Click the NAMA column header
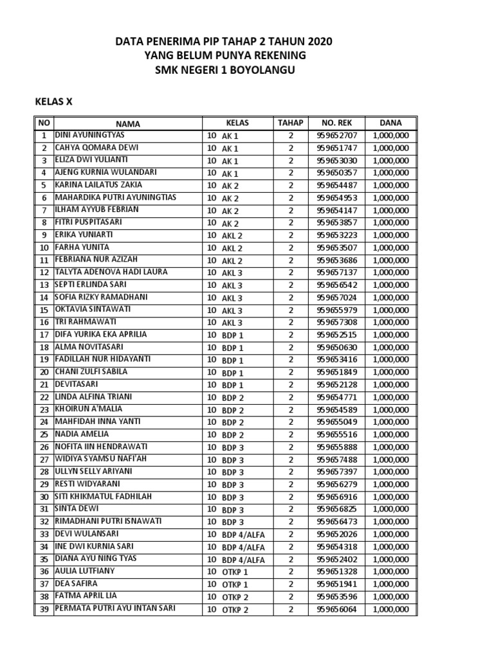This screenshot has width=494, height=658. click(127, 123)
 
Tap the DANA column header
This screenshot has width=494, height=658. click(390, 123)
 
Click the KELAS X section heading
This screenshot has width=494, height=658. click(53, 101)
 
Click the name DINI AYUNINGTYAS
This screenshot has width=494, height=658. click(89, 136)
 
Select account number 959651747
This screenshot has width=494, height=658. click(341, 148)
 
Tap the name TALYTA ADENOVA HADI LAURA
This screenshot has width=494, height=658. click(111, 272)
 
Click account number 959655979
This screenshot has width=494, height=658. click(341, 310)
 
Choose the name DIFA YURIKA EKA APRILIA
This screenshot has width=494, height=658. click(100, 335)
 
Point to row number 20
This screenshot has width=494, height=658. click(44, 373)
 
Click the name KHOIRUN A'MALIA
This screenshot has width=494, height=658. click(88, 409)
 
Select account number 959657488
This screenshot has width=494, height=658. click(341, 460)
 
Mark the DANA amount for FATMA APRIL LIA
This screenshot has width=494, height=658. click(390, 597)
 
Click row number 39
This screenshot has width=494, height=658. click(44, 609)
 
